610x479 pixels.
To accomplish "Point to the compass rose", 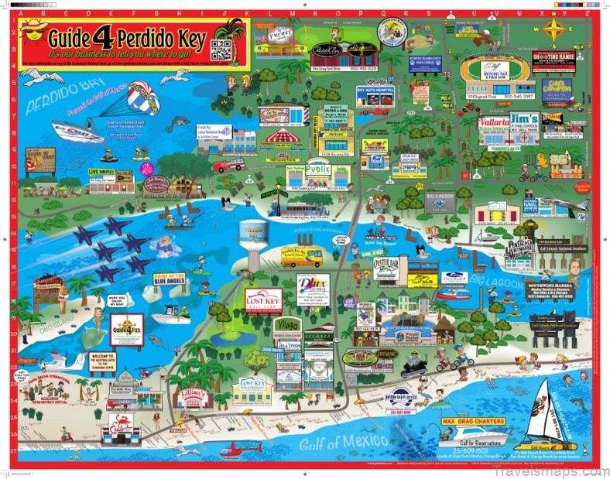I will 553,30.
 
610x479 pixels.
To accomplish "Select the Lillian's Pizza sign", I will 194,395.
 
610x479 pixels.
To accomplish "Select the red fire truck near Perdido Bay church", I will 231,165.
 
